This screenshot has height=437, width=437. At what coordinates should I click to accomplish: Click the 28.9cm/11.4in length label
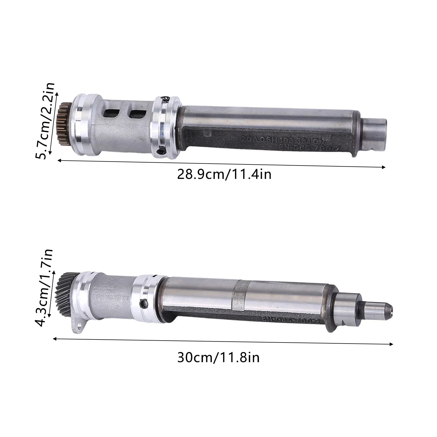click(224, 174)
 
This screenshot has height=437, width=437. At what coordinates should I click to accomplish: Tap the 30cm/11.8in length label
click(218, 358)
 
